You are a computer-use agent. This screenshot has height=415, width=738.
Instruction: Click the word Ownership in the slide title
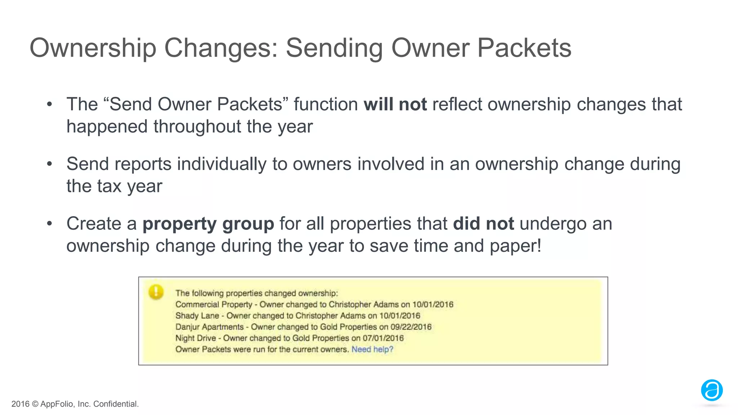(93, 48)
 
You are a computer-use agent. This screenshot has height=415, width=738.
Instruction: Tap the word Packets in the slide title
(524, 48)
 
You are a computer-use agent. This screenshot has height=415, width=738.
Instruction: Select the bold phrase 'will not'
(395, 104)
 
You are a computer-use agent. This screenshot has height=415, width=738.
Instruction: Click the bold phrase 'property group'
(208, 224)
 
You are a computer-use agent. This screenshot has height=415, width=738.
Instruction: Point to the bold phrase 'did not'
(483, 224)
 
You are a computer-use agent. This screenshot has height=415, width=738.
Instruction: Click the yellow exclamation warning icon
(156, 292)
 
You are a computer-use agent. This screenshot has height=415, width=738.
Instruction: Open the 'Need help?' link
(372, 349)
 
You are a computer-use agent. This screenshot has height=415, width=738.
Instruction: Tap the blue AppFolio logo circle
(712, 390)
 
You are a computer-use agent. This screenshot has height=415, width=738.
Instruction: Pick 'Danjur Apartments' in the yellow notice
(209, 327)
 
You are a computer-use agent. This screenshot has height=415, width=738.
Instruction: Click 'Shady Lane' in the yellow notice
(197, 316)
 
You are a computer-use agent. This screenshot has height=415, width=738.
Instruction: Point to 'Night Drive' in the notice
(195, 338)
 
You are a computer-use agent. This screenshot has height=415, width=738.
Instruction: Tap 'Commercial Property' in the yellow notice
(214, 305)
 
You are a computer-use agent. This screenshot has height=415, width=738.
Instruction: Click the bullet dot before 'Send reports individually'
(50, 164)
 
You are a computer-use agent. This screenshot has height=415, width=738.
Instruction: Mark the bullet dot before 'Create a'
(50, 224)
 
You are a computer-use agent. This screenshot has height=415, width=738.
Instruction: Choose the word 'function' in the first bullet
(325, 104)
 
